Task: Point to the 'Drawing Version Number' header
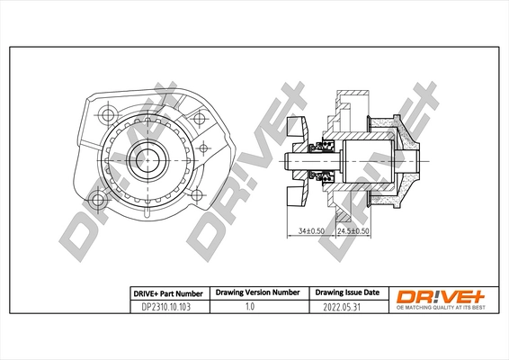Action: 256,293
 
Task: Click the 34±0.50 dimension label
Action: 311,230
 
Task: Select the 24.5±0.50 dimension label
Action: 353,230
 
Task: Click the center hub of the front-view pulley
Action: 145,160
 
